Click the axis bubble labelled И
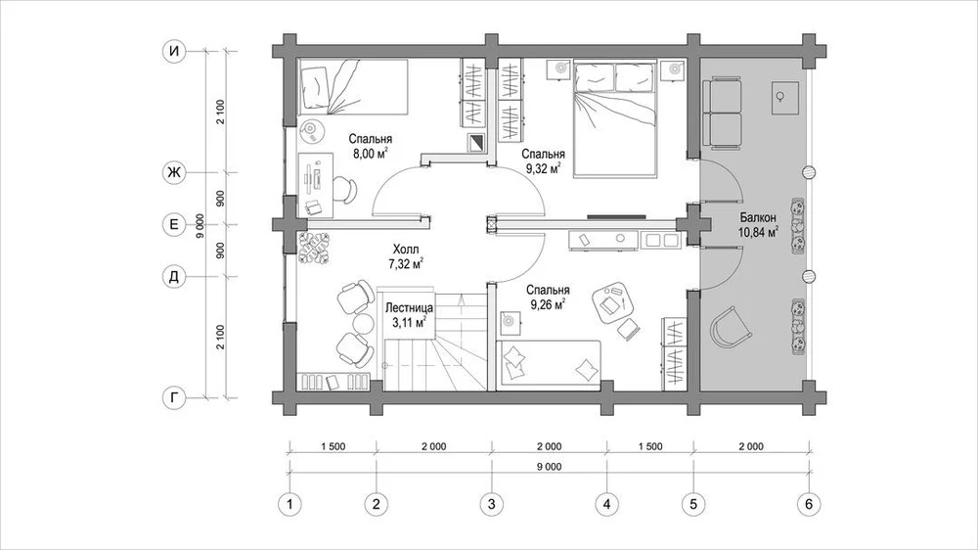click(174, 51)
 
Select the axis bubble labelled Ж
click(174, 172)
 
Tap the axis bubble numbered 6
click(809, 504)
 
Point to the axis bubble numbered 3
click(492, 504)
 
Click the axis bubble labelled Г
click(174, 397)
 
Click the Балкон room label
click(758, 218)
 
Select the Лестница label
click(409, 307)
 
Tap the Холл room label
click(406, 250)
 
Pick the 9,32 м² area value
click(543, 168)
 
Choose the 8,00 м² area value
click(371, 154)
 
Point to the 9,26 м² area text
click(548, 304)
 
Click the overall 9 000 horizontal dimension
click(549, 467)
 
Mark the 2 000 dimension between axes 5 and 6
click(751, 446)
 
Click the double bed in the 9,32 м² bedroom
click(615, 118)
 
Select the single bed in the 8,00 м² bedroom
click(353, 87)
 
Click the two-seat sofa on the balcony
click(723, 113)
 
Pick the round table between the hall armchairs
click(363, 323)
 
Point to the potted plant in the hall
click(313, 248)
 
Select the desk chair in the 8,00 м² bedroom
click(345, 190)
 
